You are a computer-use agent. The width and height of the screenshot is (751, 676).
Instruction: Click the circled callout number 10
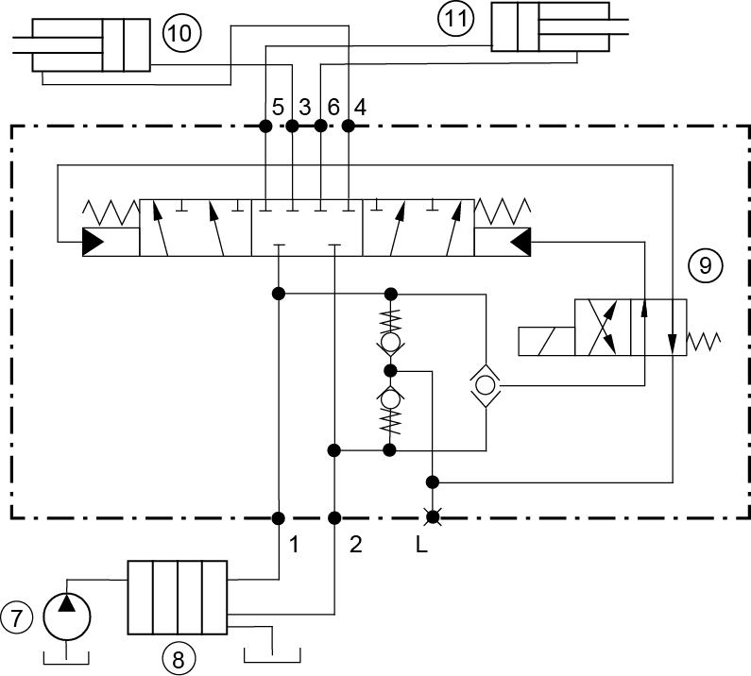click(181, 33)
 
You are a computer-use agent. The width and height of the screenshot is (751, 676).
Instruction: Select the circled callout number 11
click(456, 19)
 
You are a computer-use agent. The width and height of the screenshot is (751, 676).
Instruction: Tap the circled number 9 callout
click(705, 265)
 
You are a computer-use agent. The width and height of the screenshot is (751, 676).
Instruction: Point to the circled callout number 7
click(17, 617)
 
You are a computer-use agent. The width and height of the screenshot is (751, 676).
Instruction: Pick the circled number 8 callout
click(179, 659)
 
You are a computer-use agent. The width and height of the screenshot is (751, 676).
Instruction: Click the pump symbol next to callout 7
click(66, 617)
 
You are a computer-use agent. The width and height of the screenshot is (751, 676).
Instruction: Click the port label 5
click(278, 108)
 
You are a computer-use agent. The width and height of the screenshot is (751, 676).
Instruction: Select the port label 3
click(304, 108)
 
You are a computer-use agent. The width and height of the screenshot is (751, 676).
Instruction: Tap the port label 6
click(333, 108)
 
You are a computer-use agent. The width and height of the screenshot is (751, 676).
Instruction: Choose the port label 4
click(360, 108)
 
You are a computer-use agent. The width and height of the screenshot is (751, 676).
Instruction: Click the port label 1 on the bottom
click(294, 545)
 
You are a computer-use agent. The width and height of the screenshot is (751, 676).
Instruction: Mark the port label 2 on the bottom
click(355, 545)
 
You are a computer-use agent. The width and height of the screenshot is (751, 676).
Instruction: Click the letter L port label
click(421, 545)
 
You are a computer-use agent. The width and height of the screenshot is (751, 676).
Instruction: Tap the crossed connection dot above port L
click(433, 517)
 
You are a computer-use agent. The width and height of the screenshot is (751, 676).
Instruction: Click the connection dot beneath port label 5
click(265, 127)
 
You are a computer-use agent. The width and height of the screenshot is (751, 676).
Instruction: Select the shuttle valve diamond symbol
click(486, 385)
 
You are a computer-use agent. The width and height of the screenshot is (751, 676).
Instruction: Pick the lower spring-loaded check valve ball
click(391, 398)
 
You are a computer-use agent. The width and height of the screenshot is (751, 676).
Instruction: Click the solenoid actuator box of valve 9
click(547, 342)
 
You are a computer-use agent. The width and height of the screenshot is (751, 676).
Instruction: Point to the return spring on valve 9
click(704, 342)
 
